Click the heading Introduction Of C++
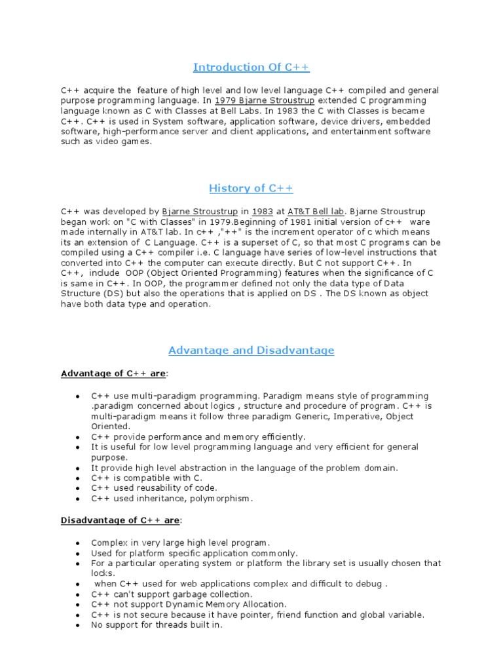(x=251, y=67)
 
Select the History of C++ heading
(x=251, y=189)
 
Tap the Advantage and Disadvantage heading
(x=251, y=351)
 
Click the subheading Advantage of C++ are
(x=114, y=374)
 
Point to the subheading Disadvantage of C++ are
(x=121, y=520)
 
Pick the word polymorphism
(x=222, y=498)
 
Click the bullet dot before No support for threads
(x=77, y=626)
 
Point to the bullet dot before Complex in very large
(x=77, y=543)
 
